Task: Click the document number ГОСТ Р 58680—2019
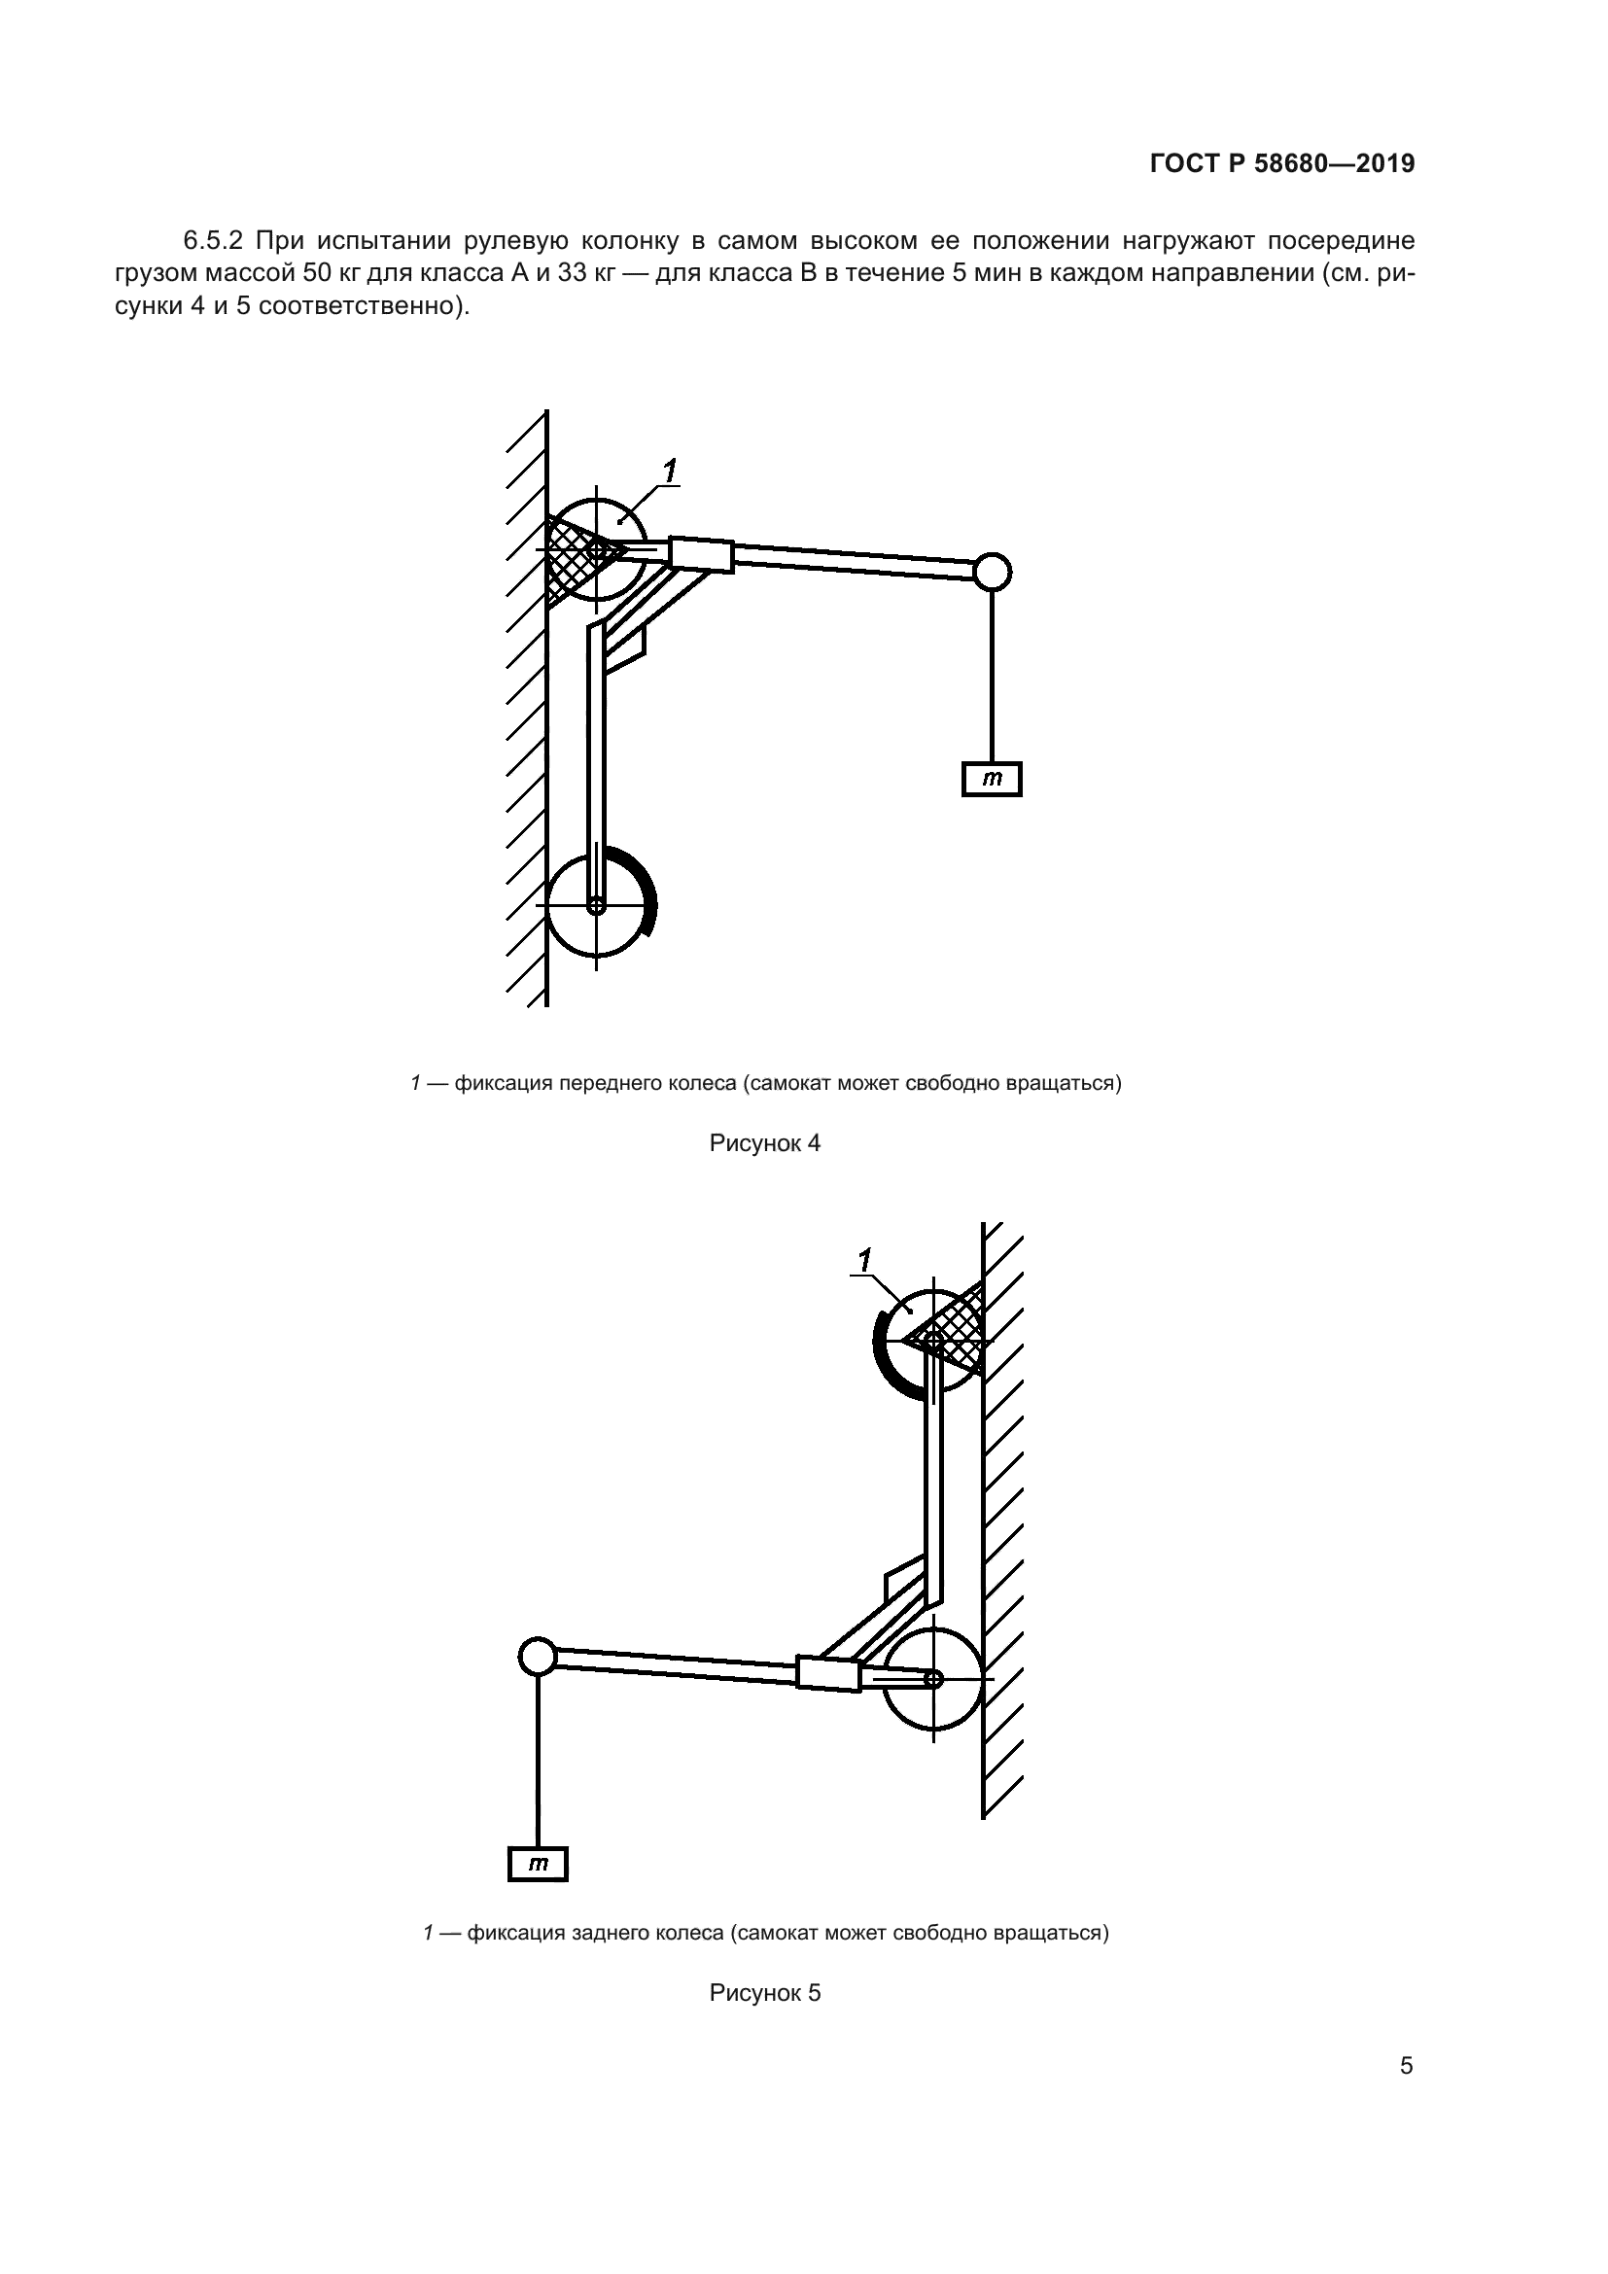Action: (x=1282, y=163)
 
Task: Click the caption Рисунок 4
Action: (x=764, y=1143)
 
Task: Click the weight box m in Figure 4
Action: (x=991, y=780)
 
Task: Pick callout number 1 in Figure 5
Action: (x=864, y=1260)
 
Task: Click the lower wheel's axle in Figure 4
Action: (x=596, y=904)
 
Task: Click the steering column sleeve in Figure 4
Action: (x=702, y=553)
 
